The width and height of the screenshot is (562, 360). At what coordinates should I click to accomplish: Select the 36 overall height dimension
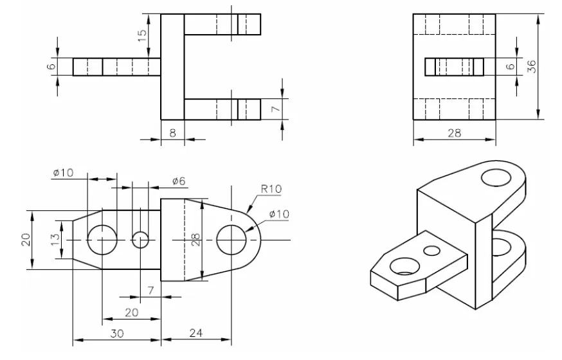coord(532,66)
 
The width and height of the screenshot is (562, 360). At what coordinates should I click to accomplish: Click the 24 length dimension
coord(196,333)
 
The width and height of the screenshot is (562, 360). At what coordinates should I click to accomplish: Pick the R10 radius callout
coord(271,189)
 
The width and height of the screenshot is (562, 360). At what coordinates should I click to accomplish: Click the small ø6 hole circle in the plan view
coord(140,240)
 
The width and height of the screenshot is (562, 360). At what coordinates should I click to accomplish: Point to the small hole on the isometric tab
coord(431,249)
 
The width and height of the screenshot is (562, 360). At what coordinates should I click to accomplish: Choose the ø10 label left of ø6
coord(64,172)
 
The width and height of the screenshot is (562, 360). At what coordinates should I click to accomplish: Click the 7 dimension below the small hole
coord(150,291)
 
